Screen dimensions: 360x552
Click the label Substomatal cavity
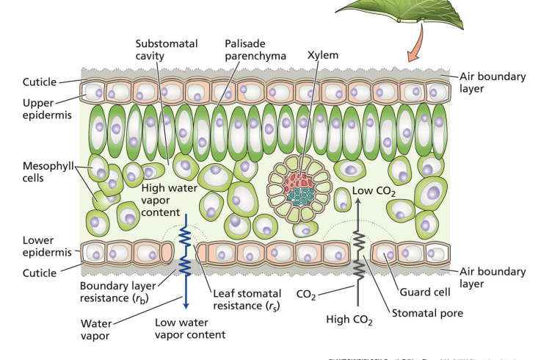click(x=167, y=50)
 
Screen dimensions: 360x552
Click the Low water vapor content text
click(x=189, y=328)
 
